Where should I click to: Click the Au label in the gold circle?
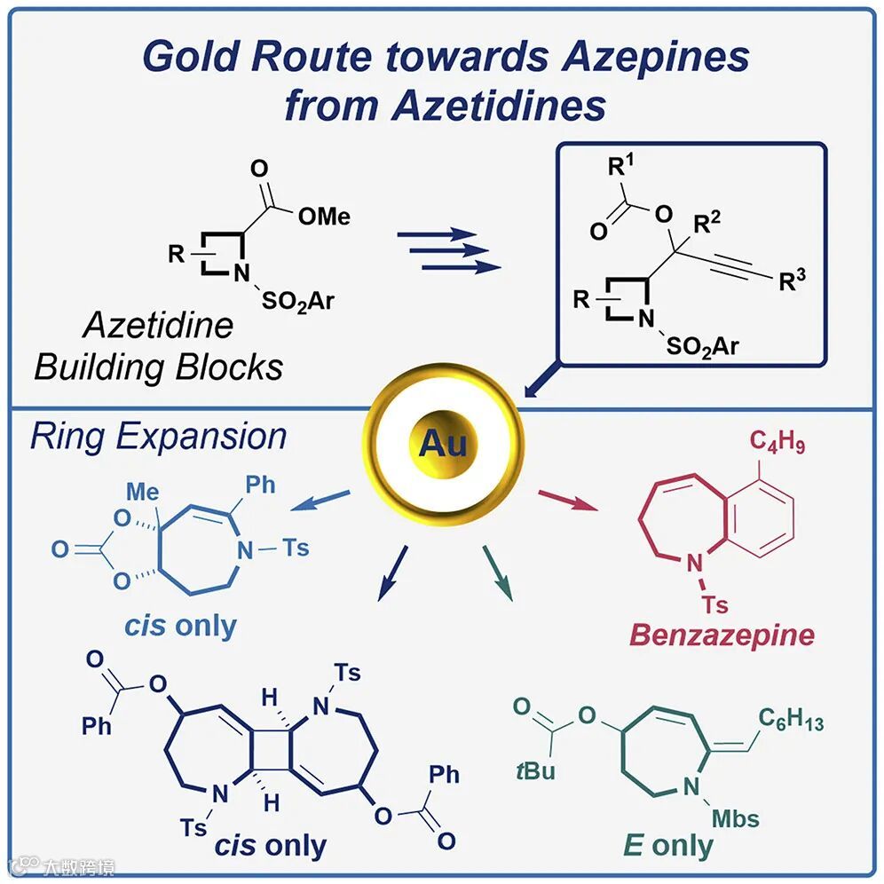[443, 442]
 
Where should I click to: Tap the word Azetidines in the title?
[500, 105]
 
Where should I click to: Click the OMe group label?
[325, 216]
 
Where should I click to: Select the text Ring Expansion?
[158, 437]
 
